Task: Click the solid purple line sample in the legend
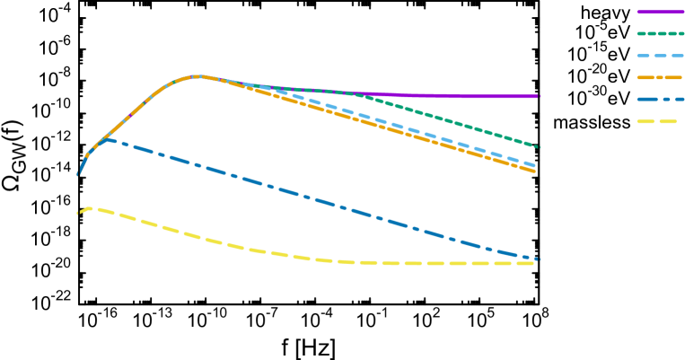pos(660,12)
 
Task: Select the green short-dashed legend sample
pos(660,33)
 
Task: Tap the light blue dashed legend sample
pos(660,56)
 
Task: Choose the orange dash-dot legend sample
pos(660,77)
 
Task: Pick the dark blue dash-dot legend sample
pos(660,99)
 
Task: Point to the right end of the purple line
pos(539,96)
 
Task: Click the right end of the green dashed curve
pos(539,146)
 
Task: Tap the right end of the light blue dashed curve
pos(536,166)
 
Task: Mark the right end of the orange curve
pos(536,171)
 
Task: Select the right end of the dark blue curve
pos(538,259)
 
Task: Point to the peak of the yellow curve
pos(91,208)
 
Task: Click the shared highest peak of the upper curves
pos(198,76)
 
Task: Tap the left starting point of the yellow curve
pos(77,214)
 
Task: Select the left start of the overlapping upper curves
pos(77,175)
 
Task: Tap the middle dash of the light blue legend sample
pos(660,56)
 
